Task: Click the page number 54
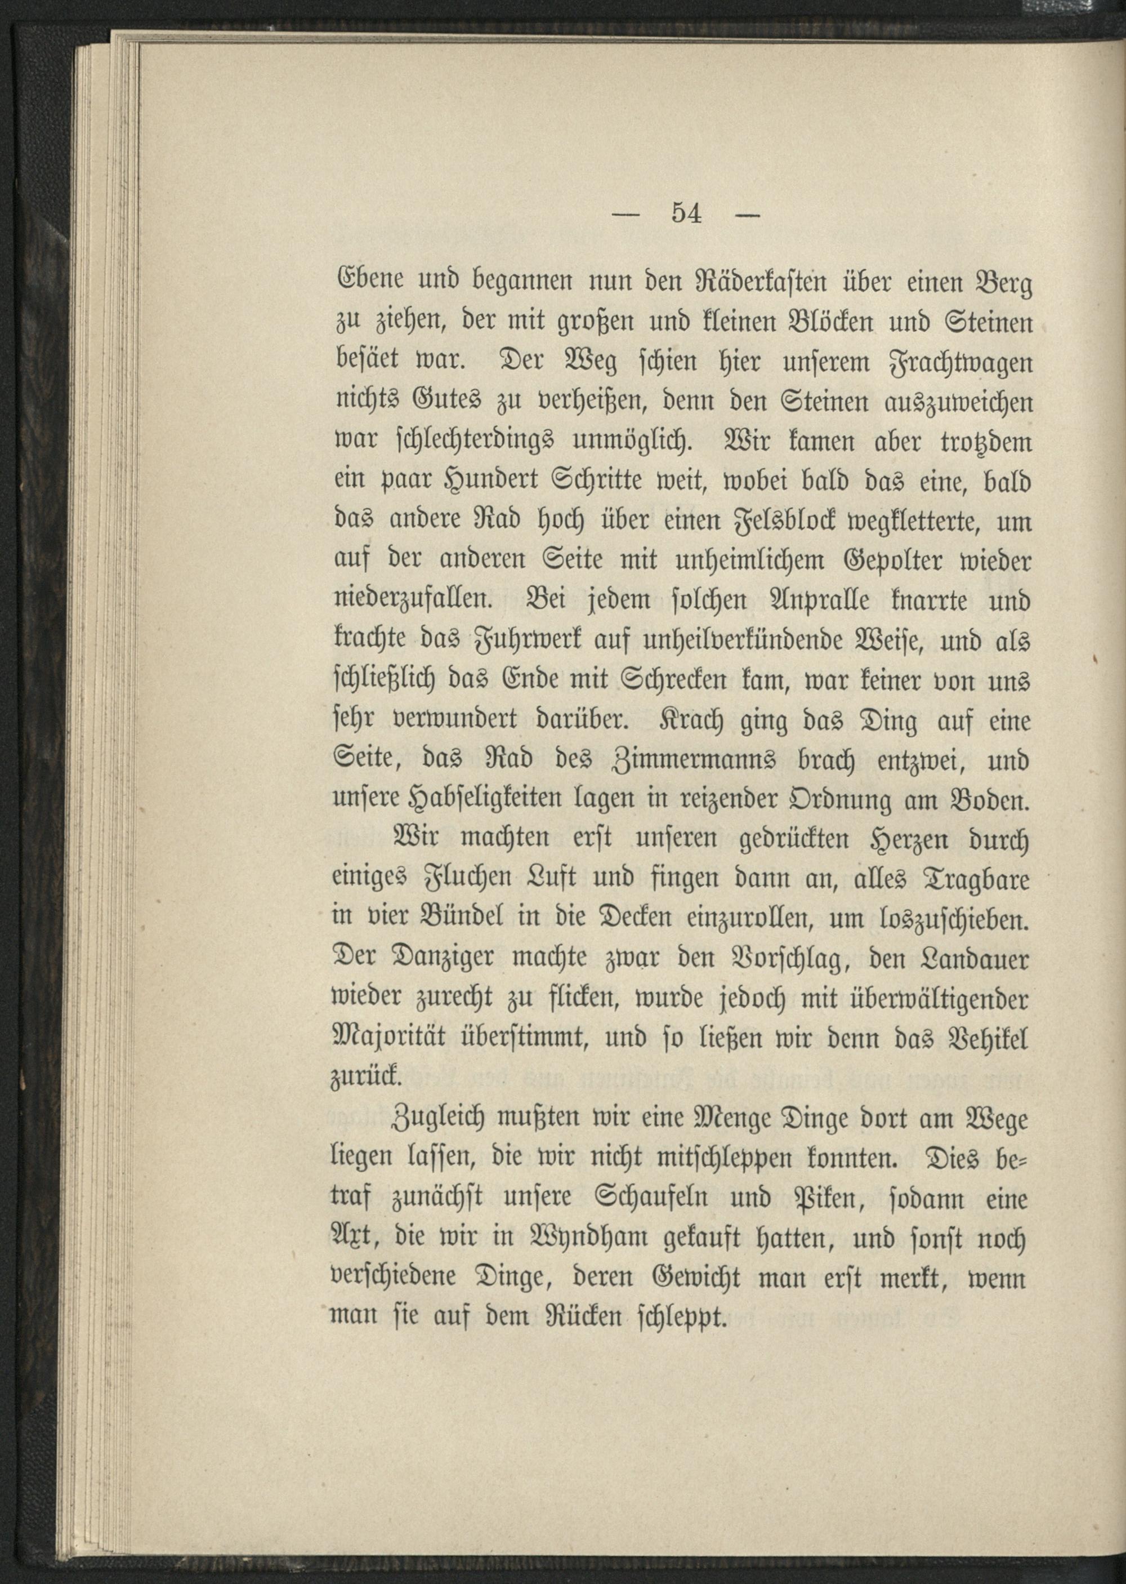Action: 686,214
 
